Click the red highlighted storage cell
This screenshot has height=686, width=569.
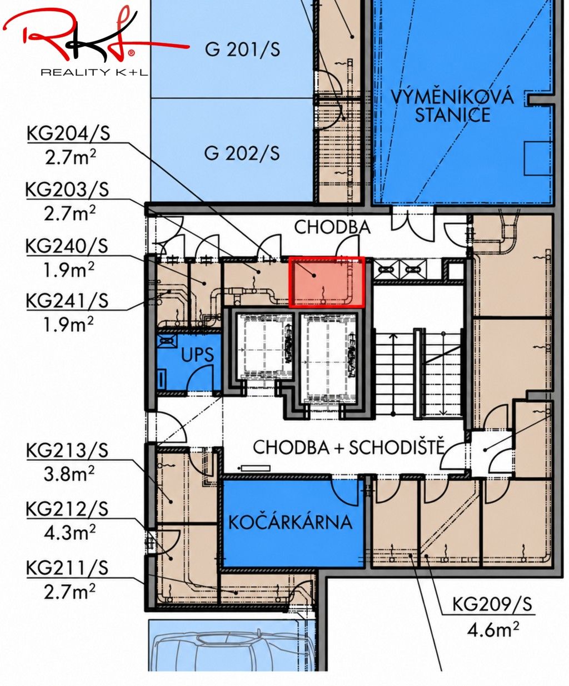tap(327, 282)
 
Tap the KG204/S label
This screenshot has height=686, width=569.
tap(68, 134)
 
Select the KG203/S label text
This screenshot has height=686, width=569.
tap(67, 190)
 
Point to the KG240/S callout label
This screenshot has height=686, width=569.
tap(67, 246)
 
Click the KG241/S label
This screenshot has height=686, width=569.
tap(67, 300)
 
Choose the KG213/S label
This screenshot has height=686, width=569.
tap(67, 450)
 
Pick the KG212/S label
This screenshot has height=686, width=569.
tap(67, 509)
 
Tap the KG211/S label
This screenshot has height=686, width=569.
tap(67, 568)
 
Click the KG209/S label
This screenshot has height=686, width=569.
tap(492, 604)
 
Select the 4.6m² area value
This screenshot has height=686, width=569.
tap(493, 630)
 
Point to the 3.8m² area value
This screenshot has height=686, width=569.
tap(69, 474)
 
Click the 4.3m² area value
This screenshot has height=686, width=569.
tap(69, 533)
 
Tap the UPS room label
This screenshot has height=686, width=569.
tap(197, 355)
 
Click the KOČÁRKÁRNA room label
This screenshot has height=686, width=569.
tap(290, 523)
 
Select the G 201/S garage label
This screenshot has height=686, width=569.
tap(242, 49)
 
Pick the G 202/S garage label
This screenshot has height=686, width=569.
tap(242, 153)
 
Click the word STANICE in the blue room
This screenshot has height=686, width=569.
tap(452, 115)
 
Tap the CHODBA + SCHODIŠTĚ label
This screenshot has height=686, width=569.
tap(349, 448)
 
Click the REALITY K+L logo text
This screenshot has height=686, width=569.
tap(94, 72)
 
